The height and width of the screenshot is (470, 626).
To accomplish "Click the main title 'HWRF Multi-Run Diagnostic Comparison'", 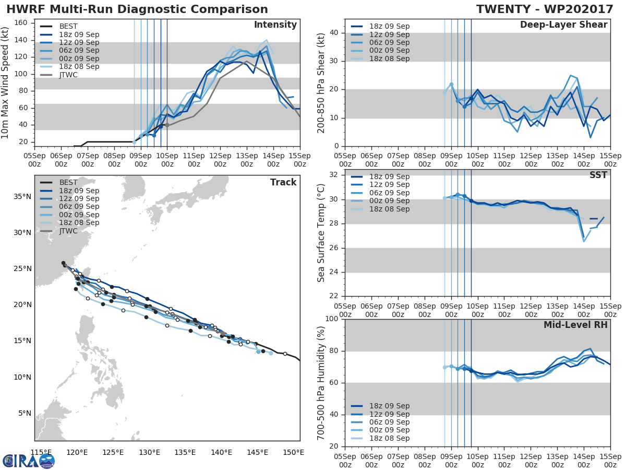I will [x=137, y=9].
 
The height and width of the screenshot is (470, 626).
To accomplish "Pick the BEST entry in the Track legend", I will [x=68, y=183].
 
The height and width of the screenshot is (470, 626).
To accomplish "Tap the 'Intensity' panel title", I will [x=275, y=25].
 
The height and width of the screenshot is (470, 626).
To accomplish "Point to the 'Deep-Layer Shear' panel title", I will [x=563, y=25].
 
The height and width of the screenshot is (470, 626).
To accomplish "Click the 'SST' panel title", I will [x=598, y=175].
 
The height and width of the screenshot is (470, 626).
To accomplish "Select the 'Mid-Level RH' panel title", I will [x=575, y=325].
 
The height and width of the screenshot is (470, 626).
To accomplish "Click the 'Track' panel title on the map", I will [x=283, y=182].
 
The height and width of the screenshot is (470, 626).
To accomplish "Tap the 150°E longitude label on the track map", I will [x=293, y=452].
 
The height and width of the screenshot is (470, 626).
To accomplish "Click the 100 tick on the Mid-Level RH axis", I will [x=331, y=319].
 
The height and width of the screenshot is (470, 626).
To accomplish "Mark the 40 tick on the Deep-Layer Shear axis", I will [x=333, y=33].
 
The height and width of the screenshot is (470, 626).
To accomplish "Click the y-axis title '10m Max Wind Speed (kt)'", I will [x=6, y=84].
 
